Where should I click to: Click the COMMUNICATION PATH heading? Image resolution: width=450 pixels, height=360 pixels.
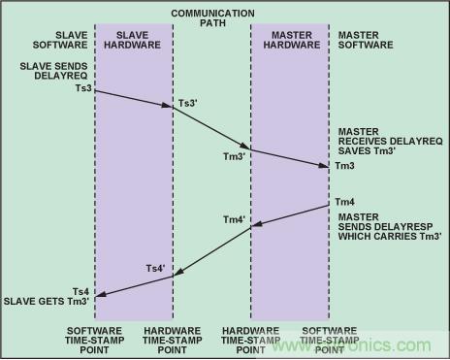click(212, 18)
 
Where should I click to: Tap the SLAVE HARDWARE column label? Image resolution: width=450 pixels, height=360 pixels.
click(132, 40)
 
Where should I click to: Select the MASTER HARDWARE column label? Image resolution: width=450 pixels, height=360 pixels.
click(292, 40)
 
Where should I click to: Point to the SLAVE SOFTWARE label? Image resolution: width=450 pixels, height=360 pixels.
click(60, 40)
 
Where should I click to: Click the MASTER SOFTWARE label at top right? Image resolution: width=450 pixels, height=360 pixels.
click(366, 40)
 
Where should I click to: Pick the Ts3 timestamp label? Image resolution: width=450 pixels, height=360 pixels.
click(83, 88)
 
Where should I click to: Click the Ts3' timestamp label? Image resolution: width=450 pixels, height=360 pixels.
click(188, 103)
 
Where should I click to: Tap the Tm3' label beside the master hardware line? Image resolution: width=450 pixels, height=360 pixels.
click(235, 156)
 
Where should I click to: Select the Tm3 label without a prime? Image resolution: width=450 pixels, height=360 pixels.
click(344, 166)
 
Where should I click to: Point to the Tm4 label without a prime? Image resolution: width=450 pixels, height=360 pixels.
click(344, 202)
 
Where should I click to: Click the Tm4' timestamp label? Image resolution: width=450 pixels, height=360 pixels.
click(235, 220)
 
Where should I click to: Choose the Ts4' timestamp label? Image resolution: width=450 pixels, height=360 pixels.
click(155, 269)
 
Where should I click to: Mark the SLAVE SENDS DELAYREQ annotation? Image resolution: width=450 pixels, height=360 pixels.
click(53, 71)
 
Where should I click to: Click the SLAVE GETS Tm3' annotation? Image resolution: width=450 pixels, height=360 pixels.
click(47, 302)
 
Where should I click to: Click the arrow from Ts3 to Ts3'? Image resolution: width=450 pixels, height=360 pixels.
click(134, 99)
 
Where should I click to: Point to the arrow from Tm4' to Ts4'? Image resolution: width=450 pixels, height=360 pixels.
click(212, 252)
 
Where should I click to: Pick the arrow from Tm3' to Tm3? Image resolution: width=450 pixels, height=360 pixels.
click(290, 158)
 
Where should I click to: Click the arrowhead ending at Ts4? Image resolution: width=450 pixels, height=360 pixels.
click(100, 294)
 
